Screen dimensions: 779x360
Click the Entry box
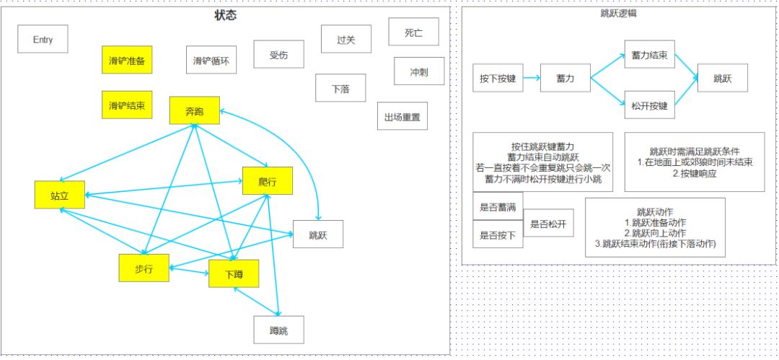click(x=43, y=39)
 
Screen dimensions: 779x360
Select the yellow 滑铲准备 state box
click(x=127, y=60)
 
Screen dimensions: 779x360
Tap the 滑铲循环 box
click(x=211, y=60)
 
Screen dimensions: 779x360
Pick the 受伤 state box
click(x=278, y=54)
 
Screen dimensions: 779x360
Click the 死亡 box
click(x=414, y=32)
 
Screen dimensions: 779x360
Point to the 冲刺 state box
click(x=419, y=71)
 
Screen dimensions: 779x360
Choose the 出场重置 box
click(x=402, y=116)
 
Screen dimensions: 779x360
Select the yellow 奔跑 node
click(x=194, y=110)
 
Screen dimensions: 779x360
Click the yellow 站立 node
click(x=60, y=195)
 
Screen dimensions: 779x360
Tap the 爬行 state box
click(x=268, y=181)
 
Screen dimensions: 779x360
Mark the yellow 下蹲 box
click(x=234, y=273)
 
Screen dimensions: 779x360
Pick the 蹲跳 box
click(x=278, y=330)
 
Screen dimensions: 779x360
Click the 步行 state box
click(x=144, y=268)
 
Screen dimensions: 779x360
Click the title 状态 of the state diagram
click(x=226, y=15)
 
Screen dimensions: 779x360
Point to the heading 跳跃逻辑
click(x=619, y=14)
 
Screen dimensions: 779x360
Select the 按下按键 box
click(x=498, y=78)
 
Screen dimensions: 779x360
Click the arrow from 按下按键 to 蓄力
click(x=532, y=78)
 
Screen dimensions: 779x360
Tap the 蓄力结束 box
click(x=650, y=54)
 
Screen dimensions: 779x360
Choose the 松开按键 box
click(x=650, y=105)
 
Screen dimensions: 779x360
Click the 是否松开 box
click(x=548, y=223)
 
